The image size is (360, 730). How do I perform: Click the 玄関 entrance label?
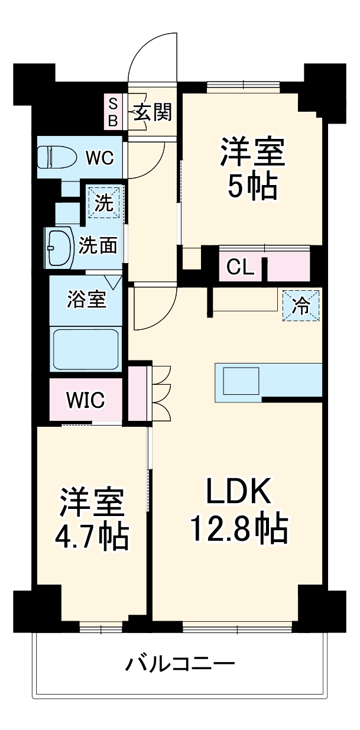coord(152,112)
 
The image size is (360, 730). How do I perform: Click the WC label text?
coord(100,158)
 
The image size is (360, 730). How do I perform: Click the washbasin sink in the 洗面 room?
coord(60,245)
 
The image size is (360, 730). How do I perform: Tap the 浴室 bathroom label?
coord(86,300)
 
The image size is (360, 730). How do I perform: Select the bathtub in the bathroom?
coord(86,349)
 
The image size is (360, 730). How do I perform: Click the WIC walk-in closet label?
coord(85,400)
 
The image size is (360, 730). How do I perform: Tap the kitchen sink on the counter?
coord(241,380)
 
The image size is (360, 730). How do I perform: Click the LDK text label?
coord(238,489)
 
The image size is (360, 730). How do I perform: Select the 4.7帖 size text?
coord(92,536)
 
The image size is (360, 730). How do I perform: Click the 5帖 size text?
coord(253,186)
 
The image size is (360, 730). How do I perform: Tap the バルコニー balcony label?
coord(180,664)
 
